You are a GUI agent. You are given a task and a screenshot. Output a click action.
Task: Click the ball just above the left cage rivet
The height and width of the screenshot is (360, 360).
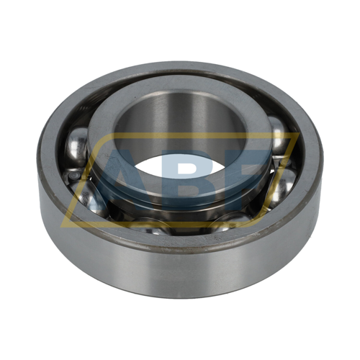76,147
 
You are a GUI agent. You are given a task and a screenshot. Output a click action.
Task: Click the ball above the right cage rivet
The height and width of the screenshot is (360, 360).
279,135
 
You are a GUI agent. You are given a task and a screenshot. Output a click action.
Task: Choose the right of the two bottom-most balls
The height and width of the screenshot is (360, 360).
228,222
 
